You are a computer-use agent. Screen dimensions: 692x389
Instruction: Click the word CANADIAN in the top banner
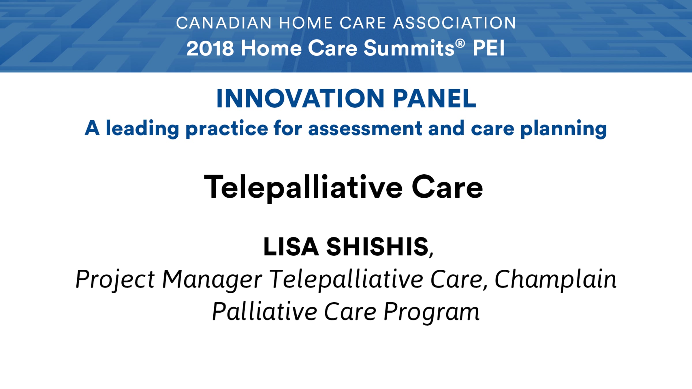pyautogui.click(x=224, y=23)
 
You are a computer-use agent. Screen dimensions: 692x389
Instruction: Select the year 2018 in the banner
pyautogui.click(x=210, y=48)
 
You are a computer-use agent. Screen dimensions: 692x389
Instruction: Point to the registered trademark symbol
pyautogui.click(x=460, y=44)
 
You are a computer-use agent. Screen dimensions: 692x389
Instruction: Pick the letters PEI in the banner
pyautogui.click(x=489, y=48)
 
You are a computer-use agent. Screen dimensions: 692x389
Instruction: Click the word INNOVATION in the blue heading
pyautogui.click(x=300, y=99)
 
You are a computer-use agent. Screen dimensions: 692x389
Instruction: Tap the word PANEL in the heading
pyautogui.click(x=434, y=99)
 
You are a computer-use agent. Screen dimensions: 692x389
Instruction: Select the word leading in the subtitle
pyautogui.click(x=142, y=129)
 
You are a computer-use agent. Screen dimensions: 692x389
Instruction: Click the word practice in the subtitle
pyautogui.click(x=227, y=129)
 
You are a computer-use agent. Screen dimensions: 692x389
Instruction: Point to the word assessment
pyautogui.click(x=365, y=129)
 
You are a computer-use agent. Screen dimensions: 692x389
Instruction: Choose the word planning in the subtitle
pyautogui.click(x=563, y=129)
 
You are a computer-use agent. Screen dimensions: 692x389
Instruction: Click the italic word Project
pyautogui.click(x=115, y=280)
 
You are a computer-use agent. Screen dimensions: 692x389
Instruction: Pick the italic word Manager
pyautogui.click(x=212, y=280)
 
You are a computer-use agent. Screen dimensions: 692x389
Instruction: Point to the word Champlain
pyautogui.click(x=555, y=280)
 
